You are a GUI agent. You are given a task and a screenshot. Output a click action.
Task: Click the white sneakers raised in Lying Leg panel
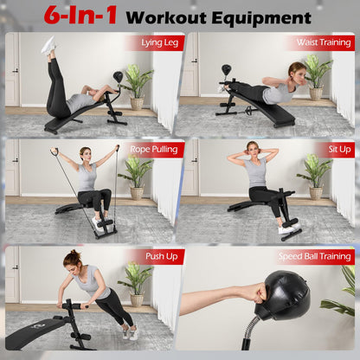[x=49, y=45]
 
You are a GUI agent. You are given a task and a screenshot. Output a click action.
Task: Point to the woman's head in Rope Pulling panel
[x=86, y=155]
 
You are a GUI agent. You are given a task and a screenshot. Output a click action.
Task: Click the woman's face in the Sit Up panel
[x=253, y=149]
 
